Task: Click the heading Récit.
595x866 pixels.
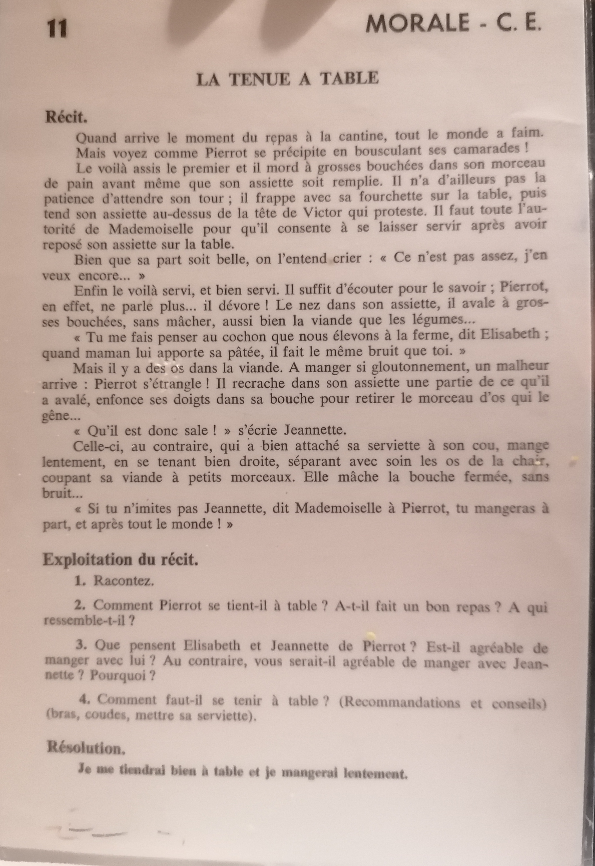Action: (x=66, y=117)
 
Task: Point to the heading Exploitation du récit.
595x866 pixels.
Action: (x=120, y=560)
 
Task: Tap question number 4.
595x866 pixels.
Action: (x=85, y=699)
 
